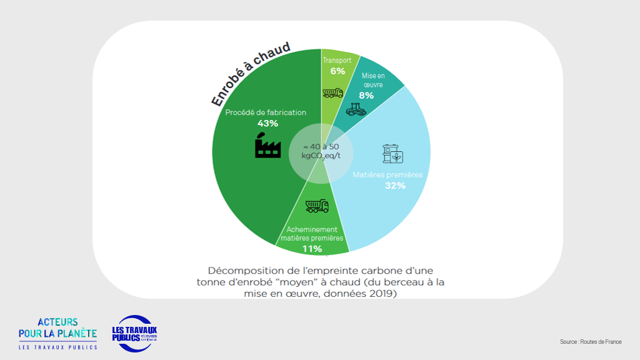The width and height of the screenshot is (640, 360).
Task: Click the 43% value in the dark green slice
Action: click(x=267, y=123)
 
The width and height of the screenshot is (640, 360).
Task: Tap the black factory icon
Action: click(x=267, y=146)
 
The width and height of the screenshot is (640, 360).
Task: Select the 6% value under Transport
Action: click(x=337, y=71)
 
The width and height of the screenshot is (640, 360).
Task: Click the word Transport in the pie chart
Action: click(x=337, y=61)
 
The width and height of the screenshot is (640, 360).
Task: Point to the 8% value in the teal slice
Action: click(x=366, y=96)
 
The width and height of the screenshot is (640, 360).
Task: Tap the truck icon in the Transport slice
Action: click(x=332, y=93)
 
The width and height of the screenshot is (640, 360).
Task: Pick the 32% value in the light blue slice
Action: click(x=396, y=186)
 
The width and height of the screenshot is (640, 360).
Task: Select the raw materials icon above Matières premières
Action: click(x=392, y=154)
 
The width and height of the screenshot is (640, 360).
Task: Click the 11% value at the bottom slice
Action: click(x=312, y=249)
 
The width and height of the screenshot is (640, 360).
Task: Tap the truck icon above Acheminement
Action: click(x=317, y=206)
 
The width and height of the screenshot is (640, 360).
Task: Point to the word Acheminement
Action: click(x=312, y=229)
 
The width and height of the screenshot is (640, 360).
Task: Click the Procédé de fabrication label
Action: click(x=266, y=112)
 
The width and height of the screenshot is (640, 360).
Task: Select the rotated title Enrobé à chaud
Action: click(x=251, y=74)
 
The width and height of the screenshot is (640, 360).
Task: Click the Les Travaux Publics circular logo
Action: click(x=135, y=333)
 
